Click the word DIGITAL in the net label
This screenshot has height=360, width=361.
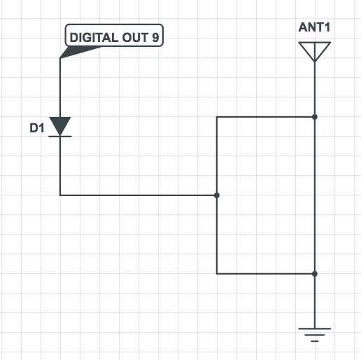[93, 36]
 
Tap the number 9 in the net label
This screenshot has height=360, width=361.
[154, 36]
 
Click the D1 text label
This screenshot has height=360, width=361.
[36, 128]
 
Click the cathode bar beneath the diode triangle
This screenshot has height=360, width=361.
[61, 137]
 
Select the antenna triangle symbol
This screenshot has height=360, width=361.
[315, 51]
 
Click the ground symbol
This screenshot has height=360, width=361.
[316, 335]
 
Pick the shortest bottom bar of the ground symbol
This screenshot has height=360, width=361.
[316, 341]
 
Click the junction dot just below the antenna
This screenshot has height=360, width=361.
[316, 116]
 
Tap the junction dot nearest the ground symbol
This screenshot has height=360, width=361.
[316, 273]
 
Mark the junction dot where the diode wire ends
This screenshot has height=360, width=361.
[217, 195]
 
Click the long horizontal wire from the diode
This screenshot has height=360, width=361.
[140, 195]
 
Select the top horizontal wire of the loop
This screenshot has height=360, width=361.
[266, 116]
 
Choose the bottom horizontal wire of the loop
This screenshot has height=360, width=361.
[266, 273]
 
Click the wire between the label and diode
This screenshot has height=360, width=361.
[61, 88]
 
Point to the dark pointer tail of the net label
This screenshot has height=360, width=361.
[68, 52]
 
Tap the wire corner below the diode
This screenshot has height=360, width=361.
[61, 195]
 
